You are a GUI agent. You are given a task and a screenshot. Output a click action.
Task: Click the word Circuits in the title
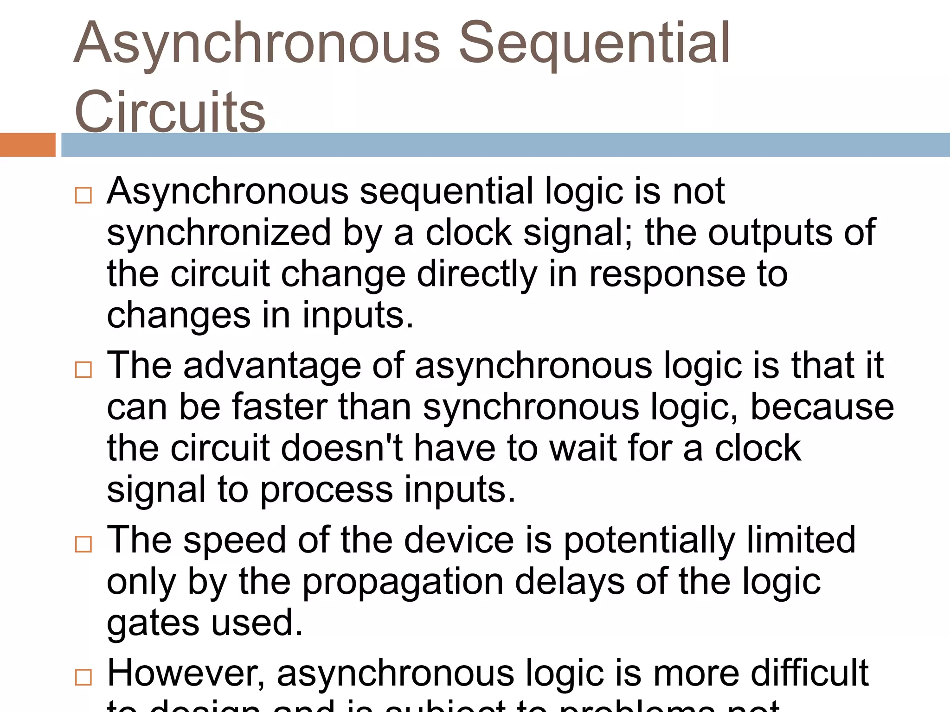coord(170,112)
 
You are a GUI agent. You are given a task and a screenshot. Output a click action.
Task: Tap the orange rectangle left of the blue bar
coord(27,145)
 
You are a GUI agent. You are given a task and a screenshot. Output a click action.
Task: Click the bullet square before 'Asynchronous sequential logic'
coord(83,195)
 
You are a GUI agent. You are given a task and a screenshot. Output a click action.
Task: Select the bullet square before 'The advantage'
coord(83,369)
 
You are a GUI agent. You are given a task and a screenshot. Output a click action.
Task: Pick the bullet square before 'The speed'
coord(83,544)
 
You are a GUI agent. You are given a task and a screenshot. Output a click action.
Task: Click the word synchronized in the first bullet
coord(218,233)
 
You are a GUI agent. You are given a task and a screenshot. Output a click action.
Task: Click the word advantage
coord(272,366)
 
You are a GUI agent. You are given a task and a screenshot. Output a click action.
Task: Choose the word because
coord(822,407)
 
